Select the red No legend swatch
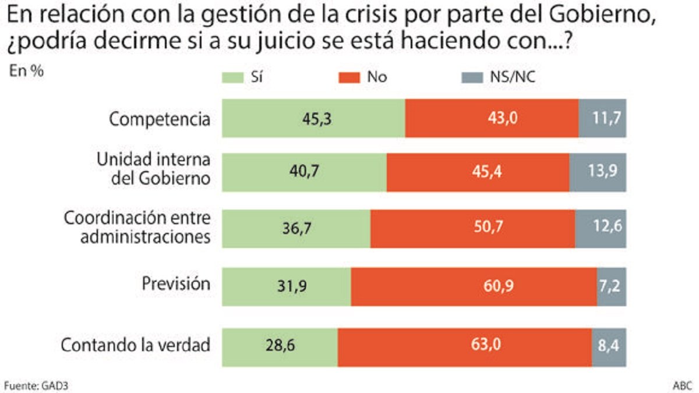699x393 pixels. tap(348, 77)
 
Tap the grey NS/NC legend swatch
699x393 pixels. tap(470, 77)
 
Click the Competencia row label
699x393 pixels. tap(160, 119)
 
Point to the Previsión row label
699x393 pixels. tap(176, 284)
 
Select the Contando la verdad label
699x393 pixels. tap(135, 345)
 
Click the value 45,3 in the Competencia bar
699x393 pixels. tap(317, 119)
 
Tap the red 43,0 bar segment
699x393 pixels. tap(492, 119)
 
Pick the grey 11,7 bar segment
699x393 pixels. tap(602, 119)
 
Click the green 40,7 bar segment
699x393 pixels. tap(304, 172)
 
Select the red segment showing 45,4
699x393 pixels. tap(478, 172)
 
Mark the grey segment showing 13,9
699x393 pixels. tap(598, 172)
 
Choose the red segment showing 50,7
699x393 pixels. tap(472, 229)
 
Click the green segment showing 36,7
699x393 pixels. tap(296, 229)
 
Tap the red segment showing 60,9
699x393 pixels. tap(474, 286)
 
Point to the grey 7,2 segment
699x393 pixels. tap(612, 286)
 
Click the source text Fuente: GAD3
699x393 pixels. tap(31, 385)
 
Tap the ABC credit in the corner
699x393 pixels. tap(683, 385)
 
